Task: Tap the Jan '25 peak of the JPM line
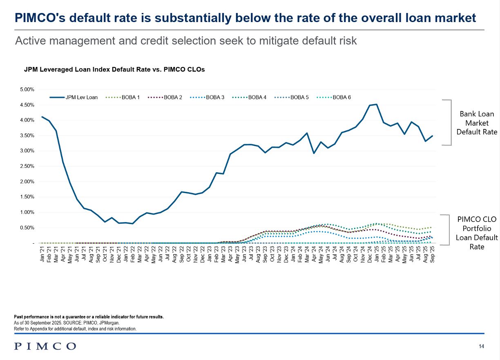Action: point(376,104)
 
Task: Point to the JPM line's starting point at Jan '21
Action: point(42,117)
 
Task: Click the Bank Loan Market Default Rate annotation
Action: point(476,123)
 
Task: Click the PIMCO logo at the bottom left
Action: point(45,346)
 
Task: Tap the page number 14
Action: point(481,347)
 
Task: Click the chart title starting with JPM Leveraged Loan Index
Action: point(114,69)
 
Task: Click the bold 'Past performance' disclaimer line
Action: point(89,317)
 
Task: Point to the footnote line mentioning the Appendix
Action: point(75,329)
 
